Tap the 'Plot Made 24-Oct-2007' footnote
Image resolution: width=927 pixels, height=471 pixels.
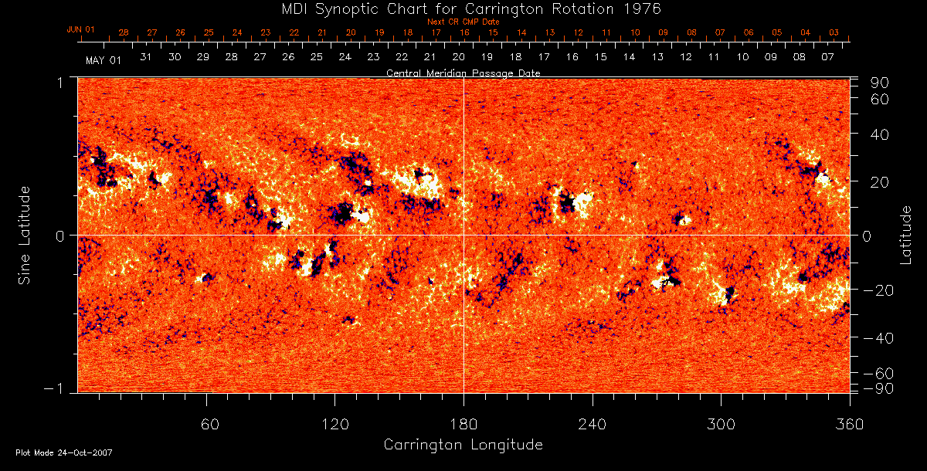point(64,452)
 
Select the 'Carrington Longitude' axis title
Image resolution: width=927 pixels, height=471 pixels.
point(463,445)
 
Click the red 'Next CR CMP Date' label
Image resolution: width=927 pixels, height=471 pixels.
point(463,22)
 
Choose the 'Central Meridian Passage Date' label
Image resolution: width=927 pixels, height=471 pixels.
point(463,73)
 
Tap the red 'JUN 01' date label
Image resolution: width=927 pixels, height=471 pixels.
point(81,29)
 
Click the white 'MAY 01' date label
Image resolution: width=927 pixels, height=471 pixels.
point(104,60)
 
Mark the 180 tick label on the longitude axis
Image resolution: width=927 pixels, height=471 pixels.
point(463,424)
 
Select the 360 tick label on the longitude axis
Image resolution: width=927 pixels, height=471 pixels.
point(849,424)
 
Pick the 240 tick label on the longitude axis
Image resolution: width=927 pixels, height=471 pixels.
point(593,424)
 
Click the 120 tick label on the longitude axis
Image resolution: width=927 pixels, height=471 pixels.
point(334,424)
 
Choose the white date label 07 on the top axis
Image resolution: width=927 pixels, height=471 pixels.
point(827,58)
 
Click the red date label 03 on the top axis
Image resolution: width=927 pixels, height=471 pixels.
point(834,32)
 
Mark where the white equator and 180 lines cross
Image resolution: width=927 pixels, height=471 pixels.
point(463,235)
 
